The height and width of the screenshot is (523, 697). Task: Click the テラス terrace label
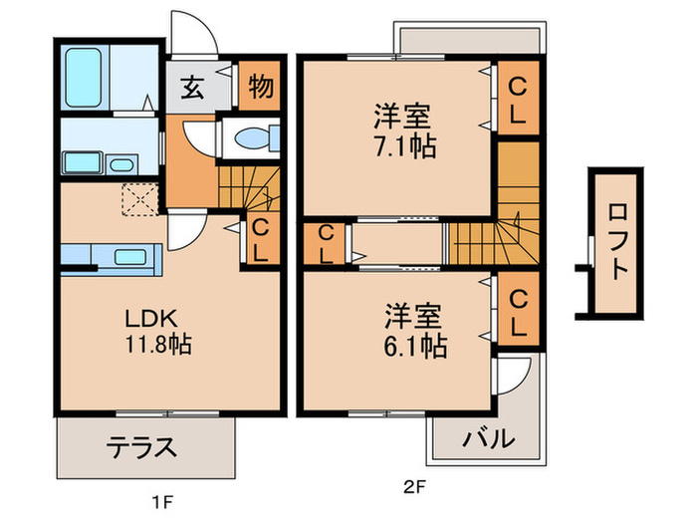pos(141,445)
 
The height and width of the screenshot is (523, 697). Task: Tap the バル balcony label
pos(488,438)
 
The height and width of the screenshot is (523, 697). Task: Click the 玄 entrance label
pos(193,88)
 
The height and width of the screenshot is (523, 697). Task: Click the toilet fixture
pos(249,138)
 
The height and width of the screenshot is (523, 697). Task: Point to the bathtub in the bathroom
pos(87,73)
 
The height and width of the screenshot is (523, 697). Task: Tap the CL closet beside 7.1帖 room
pos(518,97)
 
